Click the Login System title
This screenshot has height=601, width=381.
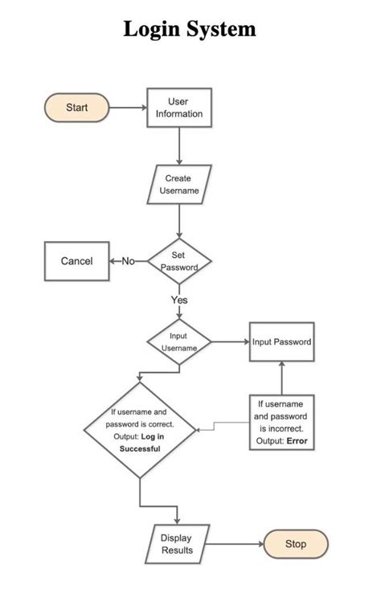click(x=190, y=30)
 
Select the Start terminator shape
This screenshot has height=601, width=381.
click(x=76, y=107)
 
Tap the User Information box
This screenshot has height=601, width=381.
click(x=178, y=108)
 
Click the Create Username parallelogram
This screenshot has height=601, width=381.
click(x=178, y=184)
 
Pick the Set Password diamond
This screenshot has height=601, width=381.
click(x=178, y=261)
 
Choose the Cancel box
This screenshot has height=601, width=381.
click(x=76, y=261)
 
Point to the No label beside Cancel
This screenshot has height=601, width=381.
click(x=129, y=261)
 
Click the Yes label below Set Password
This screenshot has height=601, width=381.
click(x=178, y=300)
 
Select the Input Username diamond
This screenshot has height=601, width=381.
click(x=178, y=342)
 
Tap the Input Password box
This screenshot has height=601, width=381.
click(x=281, y=342)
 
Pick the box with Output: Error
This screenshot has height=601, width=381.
click(x=281, y=423)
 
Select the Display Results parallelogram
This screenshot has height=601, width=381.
click(x=177, y=544)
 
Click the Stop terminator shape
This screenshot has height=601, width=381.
click(x=295, y=544)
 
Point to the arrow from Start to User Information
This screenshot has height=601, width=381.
click(x=128, y=107)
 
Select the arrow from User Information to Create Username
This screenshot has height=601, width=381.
click(x=178, y=146)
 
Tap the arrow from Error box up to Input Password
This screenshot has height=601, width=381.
click(x=281, y=378)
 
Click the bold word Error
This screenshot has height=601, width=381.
click(x=296, y=441)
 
